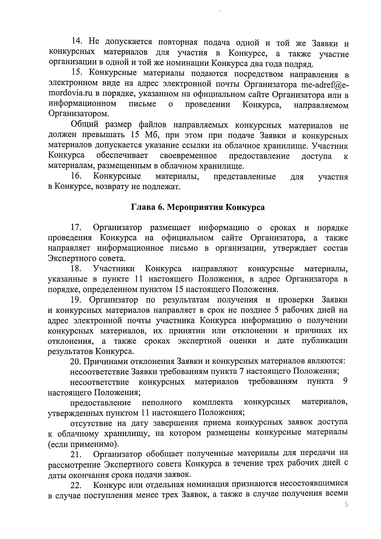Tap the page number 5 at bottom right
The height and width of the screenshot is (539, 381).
(346, 505)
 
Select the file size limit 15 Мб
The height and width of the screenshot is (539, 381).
(142, 136)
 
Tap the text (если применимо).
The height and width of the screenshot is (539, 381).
(84, 444)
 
